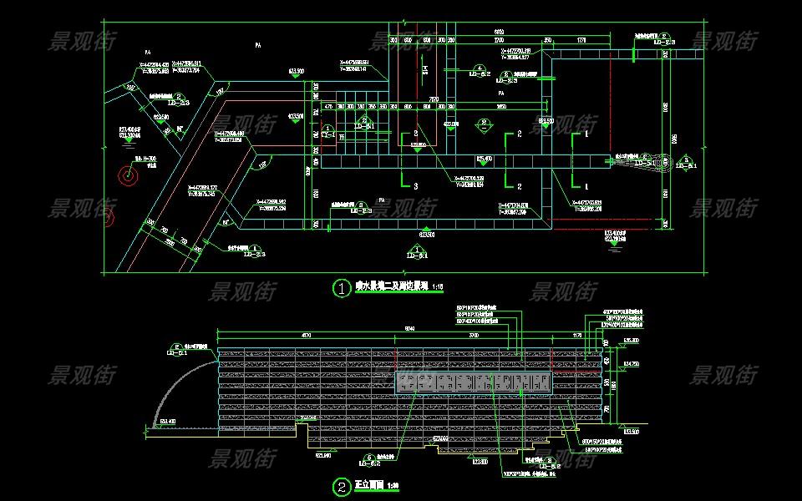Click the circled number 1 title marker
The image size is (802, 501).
click(342, 289)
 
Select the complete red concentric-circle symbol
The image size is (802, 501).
click(128, 177)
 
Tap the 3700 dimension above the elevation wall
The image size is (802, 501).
click(474, 335)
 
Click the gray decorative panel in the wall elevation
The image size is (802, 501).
click(474, 383)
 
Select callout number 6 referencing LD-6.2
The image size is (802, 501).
click(369, 458)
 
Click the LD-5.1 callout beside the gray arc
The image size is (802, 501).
click(178, 349)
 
